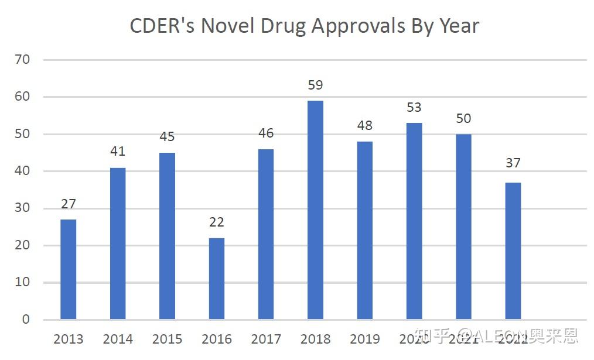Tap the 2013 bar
[x=68, y=269]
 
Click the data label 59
[x=315, y=85]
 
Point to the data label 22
[x=216, y=222]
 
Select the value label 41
[x=118, y=152]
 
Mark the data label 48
[x=364, y=126]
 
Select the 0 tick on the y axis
[x=26, y=320]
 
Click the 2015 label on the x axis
[x=167, y=340]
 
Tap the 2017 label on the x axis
[x=265, y=340]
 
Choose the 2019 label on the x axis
[x=364, y=340]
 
